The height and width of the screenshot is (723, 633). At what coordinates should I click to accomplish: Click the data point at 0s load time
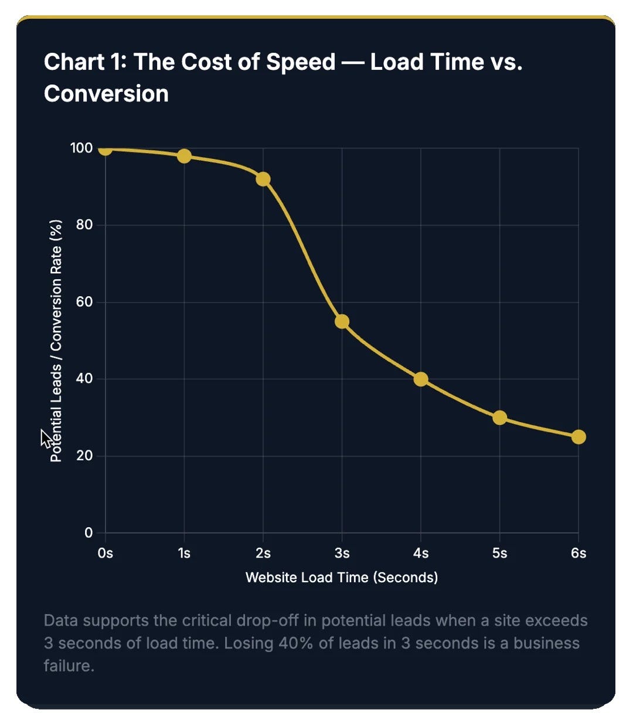[x=105, y=149]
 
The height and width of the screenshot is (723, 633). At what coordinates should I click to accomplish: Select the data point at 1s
[x=184, y=156]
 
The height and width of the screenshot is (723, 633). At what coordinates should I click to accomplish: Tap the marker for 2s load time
[x=263, y=179]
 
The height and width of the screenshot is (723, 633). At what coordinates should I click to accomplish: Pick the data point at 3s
[x=342, y=321]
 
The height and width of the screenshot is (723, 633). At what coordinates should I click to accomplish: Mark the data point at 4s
[x=421, y=379]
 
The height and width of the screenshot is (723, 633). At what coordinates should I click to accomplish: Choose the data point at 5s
[x=499, y=417]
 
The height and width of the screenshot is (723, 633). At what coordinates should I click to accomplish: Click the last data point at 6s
[x=578, y=437]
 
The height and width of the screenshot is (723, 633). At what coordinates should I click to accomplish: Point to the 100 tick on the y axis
[x=81, y=148]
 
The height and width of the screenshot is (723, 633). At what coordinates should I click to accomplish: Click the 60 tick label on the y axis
[x=84, y=302]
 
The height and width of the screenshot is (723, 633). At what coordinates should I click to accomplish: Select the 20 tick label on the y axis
[x=84, y=456]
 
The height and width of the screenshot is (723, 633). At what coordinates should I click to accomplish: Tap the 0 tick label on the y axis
[x=89, y=532]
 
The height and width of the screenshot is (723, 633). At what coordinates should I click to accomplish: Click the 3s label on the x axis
[x=342, y=553]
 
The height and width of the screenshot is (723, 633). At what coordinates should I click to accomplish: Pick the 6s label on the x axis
[x=578, y=553]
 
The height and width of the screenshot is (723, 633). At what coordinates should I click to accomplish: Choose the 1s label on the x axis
[x=184, y=553]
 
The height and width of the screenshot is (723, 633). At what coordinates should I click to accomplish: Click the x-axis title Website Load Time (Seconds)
[x=342, y=578]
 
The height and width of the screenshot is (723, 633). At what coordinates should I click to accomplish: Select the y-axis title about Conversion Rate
[x=56, y=341]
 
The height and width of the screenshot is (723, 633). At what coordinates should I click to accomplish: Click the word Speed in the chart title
[x=301, y=62]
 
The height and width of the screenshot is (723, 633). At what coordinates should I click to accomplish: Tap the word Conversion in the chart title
[x=106, y=94]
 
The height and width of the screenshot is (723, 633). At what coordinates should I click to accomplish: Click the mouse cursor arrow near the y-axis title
[x=46, y=437]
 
